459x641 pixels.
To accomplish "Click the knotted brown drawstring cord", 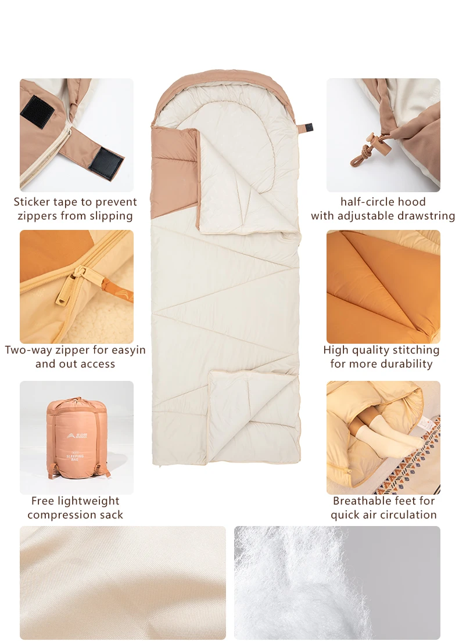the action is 362,157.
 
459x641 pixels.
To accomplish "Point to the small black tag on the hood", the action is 309,128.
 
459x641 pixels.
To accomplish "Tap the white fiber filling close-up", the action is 337,582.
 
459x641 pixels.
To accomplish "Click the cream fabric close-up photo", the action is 123,582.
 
